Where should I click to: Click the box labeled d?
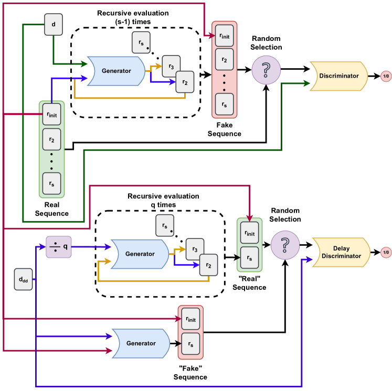coord(53,25)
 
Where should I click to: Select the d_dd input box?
coord(23,279)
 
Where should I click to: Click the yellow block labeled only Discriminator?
coord(338,76)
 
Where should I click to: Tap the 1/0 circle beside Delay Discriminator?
coord(386,253)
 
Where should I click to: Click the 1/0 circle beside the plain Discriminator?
coord(386,77)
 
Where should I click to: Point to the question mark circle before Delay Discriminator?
coord(285,245)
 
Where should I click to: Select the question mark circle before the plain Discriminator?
coord(266,70)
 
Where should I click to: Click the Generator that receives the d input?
coord(115,71)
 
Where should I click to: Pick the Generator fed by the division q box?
coord(139,254)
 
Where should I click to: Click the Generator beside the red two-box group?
coord(141,343)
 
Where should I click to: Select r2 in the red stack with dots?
coord(225,60)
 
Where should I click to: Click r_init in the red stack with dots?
coord(225,36)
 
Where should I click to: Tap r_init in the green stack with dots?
coord(51,115)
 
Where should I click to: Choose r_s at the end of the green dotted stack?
coord(51,183)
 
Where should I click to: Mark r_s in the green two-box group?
coord(249,257)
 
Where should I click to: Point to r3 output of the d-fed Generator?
coord(171,66)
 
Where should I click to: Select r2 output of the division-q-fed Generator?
coord(208,265)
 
